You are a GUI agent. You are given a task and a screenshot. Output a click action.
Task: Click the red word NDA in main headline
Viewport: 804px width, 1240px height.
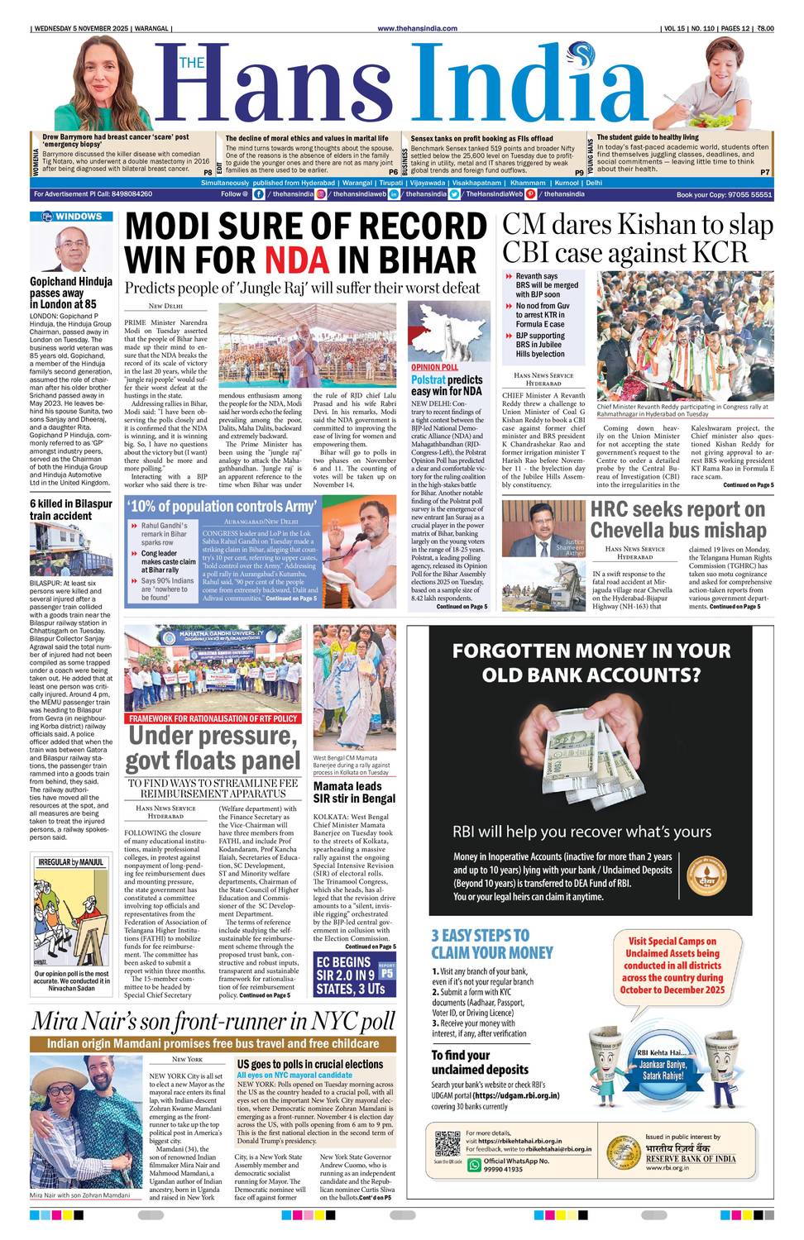297,260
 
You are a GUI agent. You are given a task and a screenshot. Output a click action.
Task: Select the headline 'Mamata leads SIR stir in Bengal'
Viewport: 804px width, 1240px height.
354,792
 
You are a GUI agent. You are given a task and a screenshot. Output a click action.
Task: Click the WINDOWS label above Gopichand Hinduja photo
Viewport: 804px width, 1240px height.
71,217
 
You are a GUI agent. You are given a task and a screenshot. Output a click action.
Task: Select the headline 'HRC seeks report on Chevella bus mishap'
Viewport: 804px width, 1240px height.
677,519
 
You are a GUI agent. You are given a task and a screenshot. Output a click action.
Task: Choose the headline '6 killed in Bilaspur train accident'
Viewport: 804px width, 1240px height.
71,509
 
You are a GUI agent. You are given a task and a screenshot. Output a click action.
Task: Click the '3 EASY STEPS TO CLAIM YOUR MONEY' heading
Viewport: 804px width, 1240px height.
491,943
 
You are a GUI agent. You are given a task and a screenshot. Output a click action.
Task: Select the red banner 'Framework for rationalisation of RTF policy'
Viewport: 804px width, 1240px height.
213,718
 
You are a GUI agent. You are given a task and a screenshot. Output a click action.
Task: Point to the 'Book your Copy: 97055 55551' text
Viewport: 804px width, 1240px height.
724,194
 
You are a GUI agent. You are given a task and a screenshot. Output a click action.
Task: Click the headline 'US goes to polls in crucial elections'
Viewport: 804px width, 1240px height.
309,1064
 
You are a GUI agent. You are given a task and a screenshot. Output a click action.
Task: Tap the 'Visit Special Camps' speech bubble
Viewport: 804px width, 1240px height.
672,965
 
